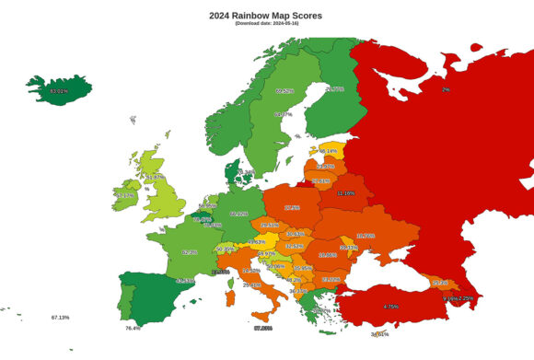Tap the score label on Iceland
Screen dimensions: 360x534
pyautogui.click(x=60, y=92)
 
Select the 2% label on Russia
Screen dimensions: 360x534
pyautogui.click(x=446, y=90)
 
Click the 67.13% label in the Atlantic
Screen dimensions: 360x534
pyautogui.click(x=61, y=317)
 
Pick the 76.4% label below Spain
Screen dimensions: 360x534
pyautogui.click(x=133, y=328)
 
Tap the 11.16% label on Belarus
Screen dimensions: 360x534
pyautogui.click(x=346, y=193)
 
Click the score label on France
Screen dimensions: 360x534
pyautogui.click(x=190, y=251)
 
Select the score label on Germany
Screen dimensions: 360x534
pyautogui.click(x=238, y=214)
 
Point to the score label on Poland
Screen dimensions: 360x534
pyautogui.click(x=293, y=208)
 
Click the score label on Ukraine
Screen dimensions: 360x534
pyautogui.click(x=366, y=236)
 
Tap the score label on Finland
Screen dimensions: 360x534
pyautogui.click(x=334, y=89)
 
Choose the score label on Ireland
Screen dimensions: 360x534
pyautogui.click(x=125, y=195)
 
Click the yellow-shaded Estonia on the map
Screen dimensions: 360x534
pyautogui.click(x=328, y=151)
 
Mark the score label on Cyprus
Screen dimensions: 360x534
pyautogui.click(x=380, y=334)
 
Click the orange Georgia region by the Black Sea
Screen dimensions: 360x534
pyautogui.click(x=440, y=283)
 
